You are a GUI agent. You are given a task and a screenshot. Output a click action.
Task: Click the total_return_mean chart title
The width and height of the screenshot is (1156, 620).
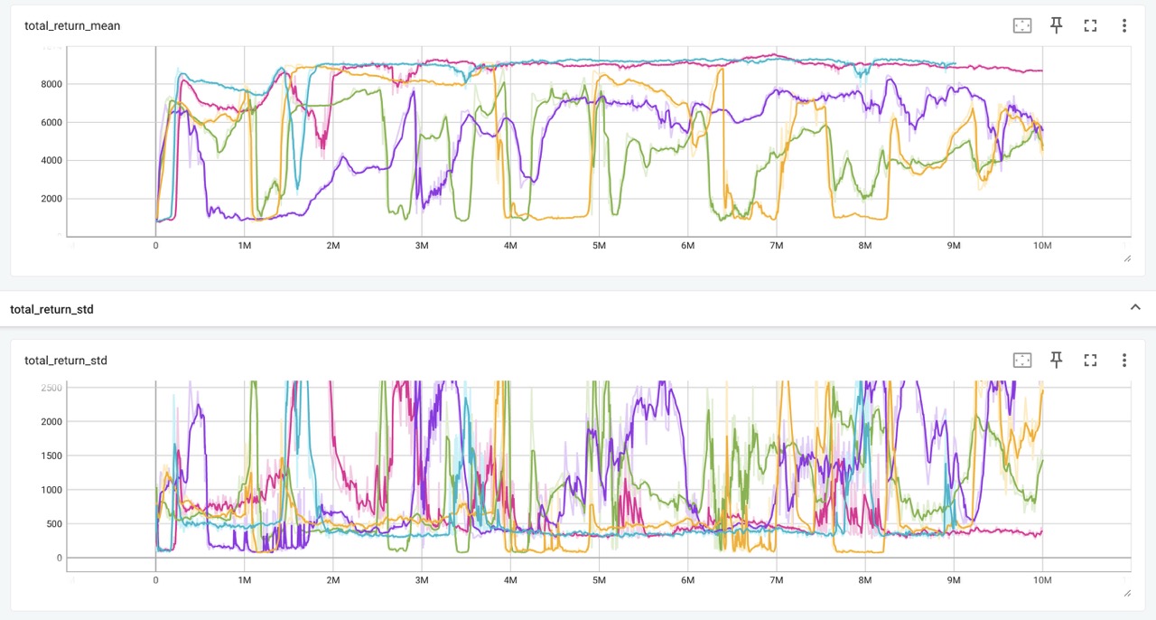[x=72, y=25]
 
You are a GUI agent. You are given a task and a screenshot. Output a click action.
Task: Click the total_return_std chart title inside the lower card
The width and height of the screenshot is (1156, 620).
[x=66, y=361]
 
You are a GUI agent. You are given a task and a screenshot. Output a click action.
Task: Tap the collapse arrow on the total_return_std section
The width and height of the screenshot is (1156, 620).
[x=1135, y=307]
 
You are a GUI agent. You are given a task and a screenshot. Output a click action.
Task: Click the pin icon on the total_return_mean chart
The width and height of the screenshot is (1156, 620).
[x=1056, y=25]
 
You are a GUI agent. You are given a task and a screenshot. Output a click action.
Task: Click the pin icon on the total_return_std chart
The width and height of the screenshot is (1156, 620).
[x=1056, y=360]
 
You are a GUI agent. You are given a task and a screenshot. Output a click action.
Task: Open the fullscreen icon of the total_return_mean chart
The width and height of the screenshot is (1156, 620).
[x=1090, y=25]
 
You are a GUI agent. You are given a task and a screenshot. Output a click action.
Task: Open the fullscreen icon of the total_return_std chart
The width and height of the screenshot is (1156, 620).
[x=1090, y=360]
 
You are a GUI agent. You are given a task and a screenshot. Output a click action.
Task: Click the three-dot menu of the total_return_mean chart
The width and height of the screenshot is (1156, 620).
[x=1124, y=25]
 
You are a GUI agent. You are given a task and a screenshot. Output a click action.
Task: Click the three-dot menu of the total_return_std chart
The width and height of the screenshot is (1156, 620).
[x=1124, y=360]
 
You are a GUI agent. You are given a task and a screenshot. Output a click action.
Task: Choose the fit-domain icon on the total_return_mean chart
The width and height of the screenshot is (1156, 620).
[x=1022, y=25]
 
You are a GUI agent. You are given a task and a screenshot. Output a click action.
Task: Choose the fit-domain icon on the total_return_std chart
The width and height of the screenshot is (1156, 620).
[x=1022, y=360]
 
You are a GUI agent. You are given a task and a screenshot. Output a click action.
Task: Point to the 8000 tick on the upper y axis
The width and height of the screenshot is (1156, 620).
[x=50, y=84]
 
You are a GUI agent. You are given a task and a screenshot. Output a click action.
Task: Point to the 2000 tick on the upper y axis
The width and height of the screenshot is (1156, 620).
[x=50, y=199]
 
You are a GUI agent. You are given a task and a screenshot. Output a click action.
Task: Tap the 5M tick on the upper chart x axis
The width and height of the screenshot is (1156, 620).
[x=598, y=245]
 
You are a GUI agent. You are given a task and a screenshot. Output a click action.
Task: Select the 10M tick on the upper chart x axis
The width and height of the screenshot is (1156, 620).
[x=1042, y=245]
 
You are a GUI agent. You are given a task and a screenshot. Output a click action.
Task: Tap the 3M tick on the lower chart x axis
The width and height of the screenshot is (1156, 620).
[x=421, y=579]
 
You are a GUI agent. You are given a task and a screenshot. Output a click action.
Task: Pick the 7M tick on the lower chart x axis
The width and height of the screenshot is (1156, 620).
[x=776, y=579]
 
